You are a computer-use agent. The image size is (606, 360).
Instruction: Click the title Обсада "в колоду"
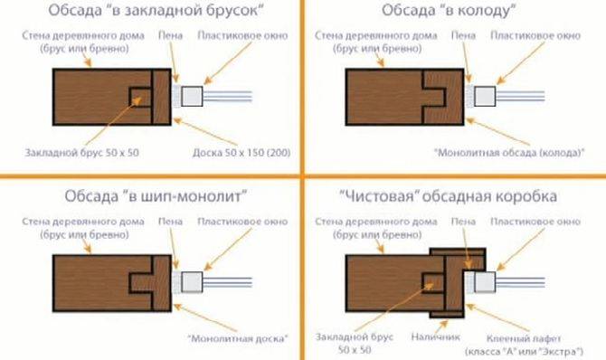tap(450, 13)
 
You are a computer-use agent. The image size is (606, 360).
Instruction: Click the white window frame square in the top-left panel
tap(194, 95)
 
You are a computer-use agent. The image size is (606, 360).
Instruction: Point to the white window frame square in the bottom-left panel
tap(194, 280)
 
